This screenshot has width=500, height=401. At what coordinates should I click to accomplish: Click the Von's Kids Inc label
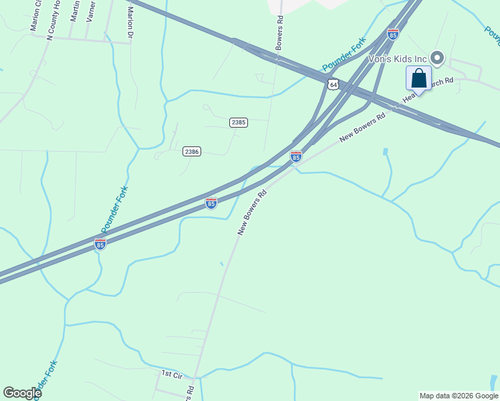(398, 59)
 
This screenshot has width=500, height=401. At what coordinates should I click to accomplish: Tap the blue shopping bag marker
(418, 78)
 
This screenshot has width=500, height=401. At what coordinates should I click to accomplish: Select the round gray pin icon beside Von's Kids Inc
(438, 59)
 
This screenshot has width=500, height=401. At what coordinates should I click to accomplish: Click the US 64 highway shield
(333, 84)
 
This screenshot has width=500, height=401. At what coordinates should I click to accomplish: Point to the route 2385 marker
(238, 122)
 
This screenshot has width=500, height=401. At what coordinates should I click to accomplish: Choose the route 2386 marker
(192, 152)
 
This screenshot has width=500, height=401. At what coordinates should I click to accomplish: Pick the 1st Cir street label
(172, 375)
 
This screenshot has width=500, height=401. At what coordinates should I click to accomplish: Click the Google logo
(22, 393)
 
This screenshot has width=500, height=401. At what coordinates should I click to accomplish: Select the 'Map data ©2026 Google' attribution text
(459, 396)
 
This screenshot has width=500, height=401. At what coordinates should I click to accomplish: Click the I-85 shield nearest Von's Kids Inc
(393, 34)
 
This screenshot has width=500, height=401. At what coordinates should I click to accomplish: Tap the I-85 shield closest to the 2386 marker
(211, 203)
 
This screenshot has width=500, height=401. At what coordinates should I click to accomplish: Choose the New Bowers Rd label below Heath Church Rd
(363, 127)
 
